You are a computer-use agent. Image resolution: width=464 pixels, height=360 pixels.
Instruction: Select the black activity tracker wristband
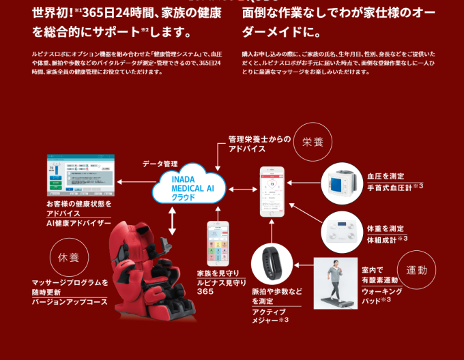coord(272,268)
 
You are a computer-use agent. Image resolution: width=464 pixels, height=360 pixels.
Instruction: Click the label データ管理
coord(160,164)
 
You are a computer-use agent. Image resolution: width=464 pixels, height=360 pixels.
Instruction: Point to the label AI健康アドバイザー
coord(78,223)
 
